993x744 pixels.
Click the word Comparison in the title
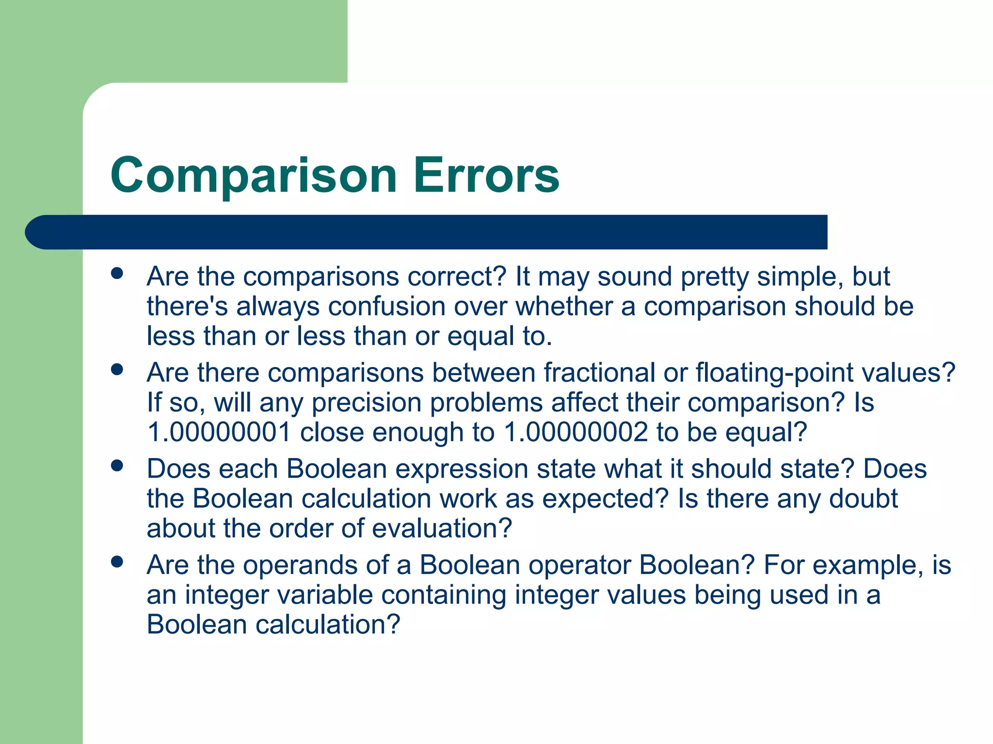pyautogui.click(x=254, y=175)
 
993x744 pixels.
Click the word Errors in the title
pyautogui.click(x=486, y=175)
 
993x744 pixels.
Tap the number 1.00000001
pyautogui.click(x=219, y=432)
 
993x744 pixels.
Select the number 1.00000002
pyautogui.click(x=576, y=432)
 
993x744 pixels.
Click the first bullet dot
pyautogui.click(x=117, y=273)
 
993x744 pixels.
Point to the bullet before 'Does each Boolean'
pyautogui.click(x=117, y=465)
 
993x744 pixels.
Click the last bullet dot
pyautogui.click(x=117, y=561)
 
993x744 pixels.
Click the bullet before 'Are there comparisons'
pyautogui.click(x=117, y=370)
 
